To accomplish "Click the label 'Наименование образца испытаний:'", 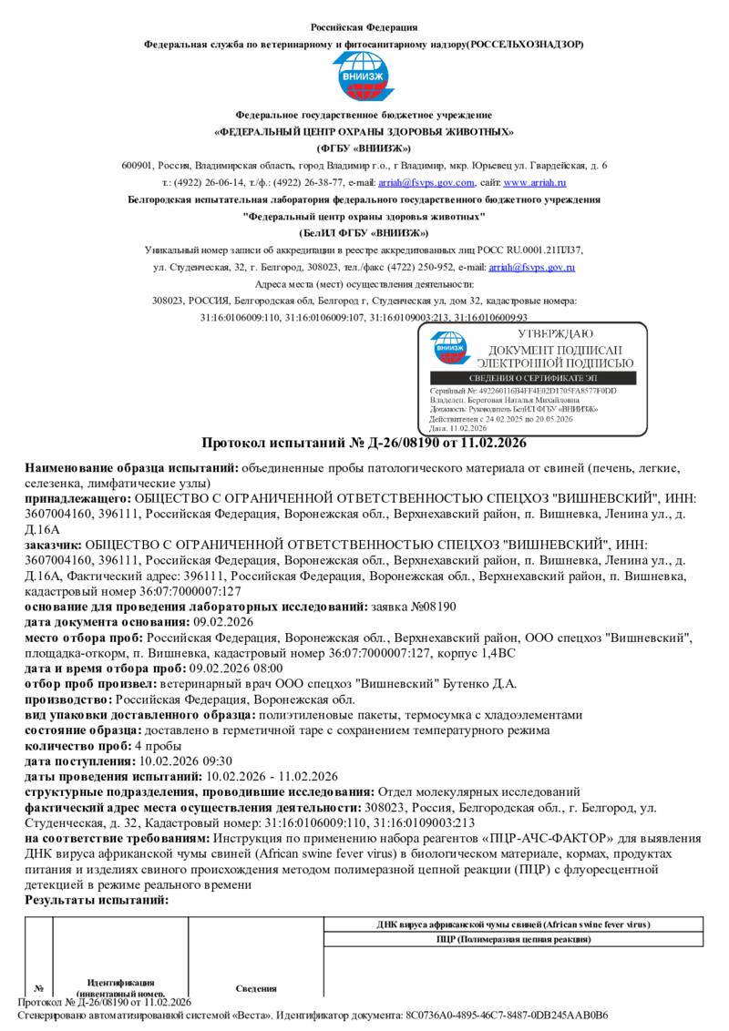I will coord(131,468).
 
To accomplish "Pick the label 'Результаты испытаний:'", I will coord(97,899).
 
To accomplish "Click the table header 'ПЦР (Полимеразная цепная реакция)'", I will coord(513,938).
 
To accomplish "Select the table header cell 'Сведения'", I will coord(256,988).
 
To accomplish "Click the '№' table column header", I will coord(39,988).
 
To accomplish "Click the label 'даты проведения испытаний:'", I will coord(113,776).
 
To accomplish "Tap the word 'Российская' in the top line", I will coord(338,27).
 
